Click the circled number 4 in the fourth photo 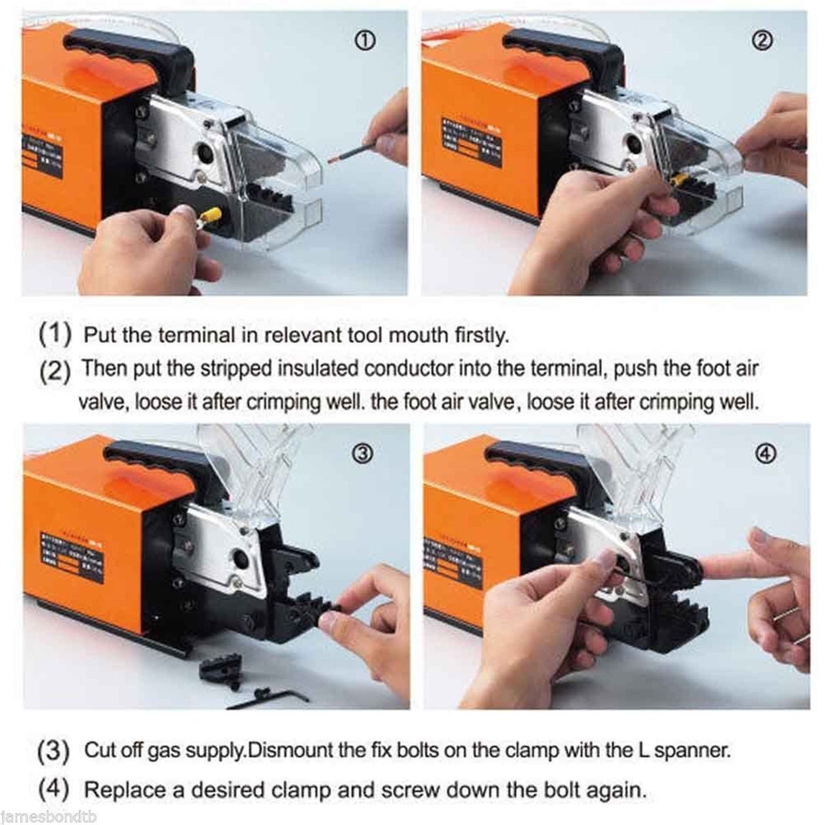point(767,453)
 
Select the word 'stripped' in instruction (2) point(237,369)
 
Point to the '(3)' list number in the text point(54,751)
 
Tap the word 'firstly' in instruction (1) point(481,336)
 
